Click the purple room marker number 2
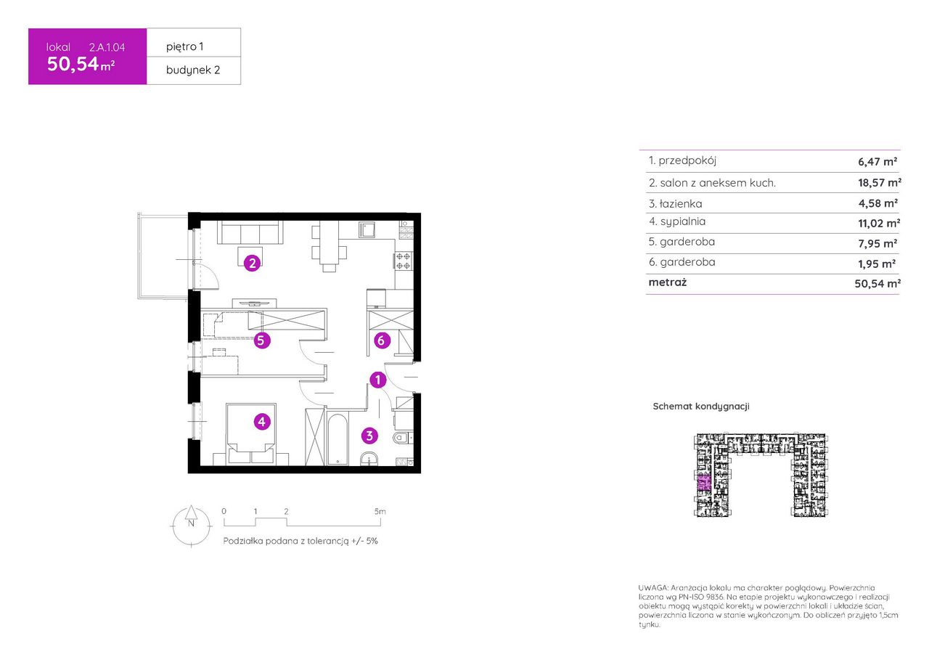pyautogui.click(x=252, y=263)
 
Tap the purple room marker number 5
pyautogui.click(x=261, y=340)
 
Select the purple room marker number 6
pyautogui.click(x=382, y=340)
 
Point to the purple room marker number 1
pyautogui.click(x=378, y=380)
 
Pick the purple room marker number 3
pyautogui.click(x=369, y=436)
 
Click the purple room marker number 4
pyautogui.click(x=262, y=422)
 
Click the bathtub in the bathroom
pyautogui.click(x=337, y=438)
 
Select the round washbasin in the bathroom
pyautogui.click(x=369, y=458)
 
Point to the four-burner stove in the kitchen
pyautogui.click(x=403, y=261)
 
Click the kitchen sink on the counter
pyautogui.click(x=367, y=229)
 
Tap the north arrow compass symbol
pyautogui.click(x=191, y=525)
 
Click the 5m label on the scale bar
pyautogui.click(x=380, y=511)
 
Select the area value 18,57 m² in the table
pyautogui.click(x=880, y=182)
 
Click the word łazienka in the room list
pyautogui.click(x=681, y=204)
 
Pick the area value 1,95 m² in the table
pyautogui.click(x=877, y=264)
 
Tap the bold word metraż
pyautogui.click(x=668, y=282)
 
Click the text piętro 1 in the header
pyautogui.click(x=184, y=46)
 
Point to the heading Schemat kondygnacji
pyautogui.click(x=701, y=407)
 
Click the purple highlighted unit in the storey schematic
pyautogui.click(x=704, y=483)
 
